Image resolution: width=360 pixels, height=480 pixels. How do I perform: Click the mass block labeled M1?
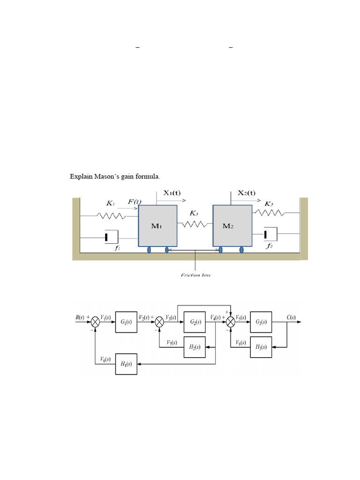click(157, 225)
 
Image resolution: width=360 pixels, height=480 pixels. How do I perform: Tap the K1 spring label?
click(110, 203)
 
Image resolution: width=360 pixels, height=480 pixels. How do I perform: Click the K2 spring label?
click(269, 204)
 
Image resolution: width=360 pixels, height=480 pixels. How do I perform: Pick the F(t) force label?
click(135, 202)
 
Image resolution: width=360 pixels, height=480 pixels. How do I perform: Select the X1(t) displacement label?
click(173, 192)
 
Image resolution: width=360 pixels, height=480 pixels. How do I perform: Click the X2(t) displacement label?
click(247, 192)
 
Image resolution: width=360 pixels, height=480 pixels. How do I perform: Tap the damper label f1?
click(117, 248)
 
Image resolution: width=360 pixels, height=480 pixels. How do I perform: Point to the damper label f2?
click(269, 246)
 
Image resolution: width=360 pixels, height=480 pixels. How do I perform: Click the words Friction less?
click(195, 275)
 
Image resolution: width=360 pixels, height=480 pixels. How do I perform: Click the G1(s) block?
click(126, 322)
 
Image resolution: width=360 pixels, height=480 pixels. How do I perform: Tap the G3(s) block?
click(261, 322)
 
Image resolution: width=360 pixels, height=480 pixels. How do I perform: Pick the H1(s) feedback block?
click(126, 364)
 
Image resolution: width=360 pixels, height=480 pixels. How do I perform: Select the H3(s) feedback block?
click(261, 347)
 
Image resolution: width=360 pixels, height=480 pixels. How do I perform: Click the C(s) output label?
click(291, 317)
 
